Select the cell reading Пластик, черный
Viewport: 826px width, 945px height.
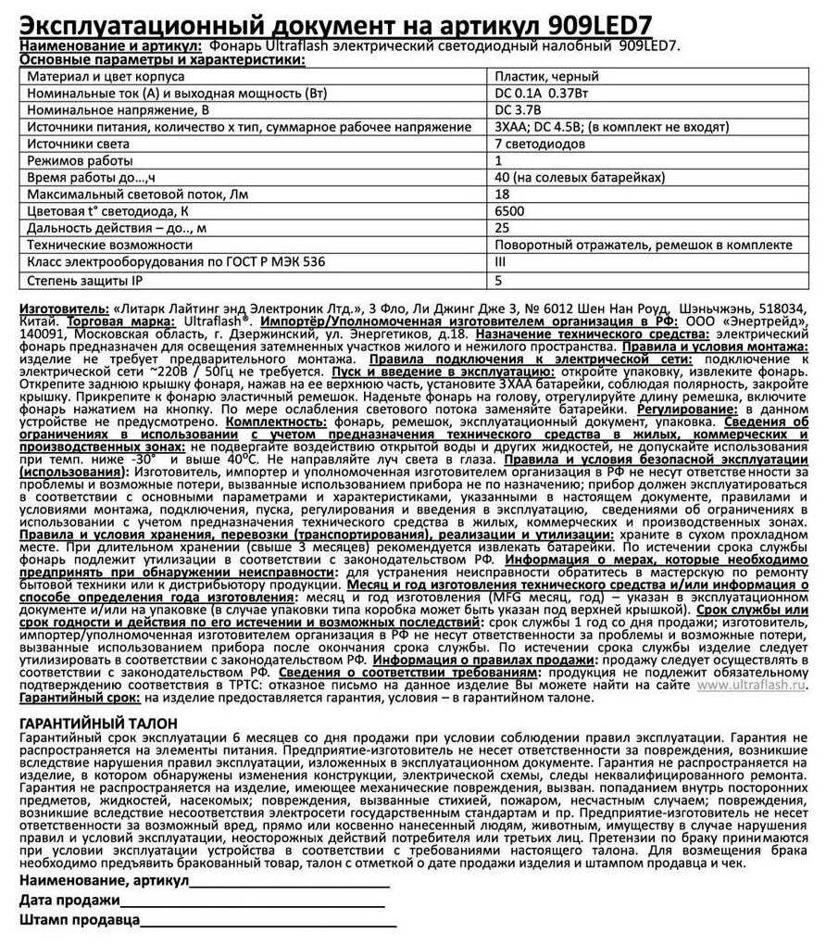547,77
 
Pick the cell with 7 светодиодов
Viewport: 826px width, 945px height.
540,145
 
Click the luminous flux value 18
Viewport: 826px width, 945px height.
503,195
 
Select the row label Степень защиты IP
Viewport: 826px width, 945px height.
84,279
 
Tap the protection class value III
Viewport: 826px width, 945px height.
501,262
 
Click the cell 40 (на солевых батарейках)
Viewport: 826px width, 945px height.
567,178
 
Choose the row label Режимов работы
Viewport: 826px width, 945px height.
80,161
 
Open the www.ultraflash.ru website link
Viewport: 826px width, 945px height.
751,686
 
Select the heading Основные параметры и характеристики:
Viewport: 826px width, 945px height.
162,59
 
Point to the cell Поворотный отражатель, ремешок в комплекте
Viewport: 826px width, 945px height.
644,246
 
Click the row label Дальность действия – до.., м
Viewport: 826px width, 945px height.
117,228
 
